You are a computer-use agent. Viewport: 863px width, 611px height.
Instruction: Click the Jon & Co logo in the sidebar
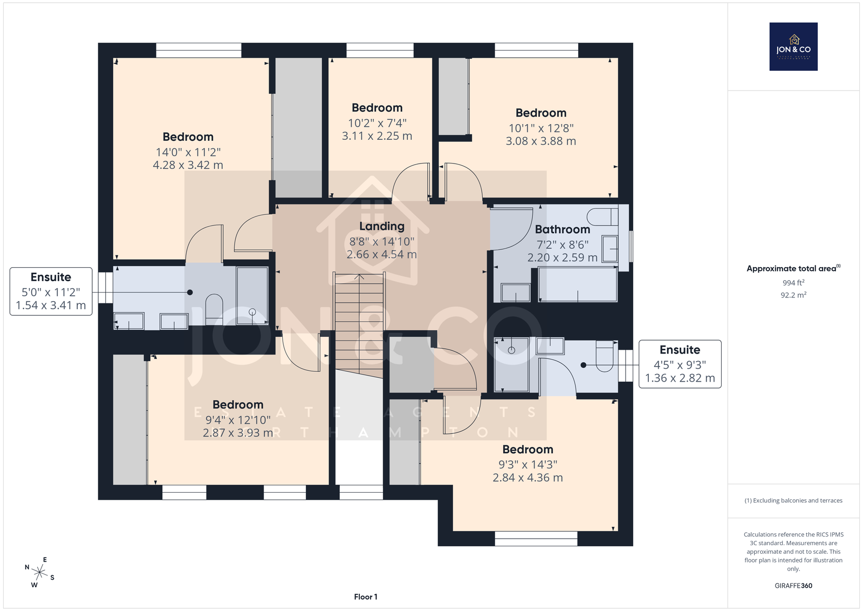(793, 46)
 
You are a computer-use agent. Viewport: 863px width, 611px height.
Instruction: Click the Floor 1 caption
(366, 597)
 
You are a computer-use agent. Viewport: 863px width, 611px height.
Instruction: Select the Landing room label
(382, 226)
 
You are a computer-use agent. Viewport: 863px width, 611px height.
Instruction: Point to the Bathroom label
(563, 229)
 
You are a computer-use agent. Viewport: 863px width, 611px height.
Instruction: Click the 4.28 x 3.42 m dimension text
(188, 165)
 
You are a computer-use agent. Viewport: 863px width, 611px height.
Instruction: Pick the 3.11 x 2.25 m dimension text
(377, 135)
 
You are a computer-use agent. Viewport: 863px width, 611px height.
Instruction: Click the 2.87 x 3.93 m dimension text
(238, 433)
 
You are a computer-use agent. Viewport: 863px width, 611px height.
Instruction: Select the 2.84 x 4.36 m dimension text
(528, 478)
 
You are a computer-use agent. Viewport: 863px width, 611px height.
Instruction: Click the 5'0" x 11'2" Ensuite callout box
(51, 291)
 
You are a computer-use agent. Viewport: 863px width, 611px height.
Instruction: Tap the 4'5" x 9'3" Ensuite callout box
(680, 364)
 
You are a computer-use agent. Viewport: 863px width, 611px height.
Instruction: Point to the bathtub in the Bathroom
(578, 284)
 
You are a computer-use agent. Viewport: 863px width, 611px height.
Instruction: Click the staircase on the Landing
(359, 322)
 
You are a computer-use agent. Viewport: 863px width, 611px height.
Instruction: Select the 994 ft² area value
(793, 283)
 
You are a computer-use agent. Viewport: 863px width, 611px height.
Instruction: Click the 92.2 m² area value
(793, 295)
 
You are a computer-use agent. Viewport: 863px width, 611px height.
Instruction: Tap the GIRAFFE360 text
(793, 586)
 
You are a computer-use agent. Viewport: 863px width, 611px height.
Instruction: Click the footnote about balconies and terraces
(793, 500)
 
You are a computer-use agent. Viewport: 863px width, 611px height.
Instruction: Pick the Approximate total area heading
(793, 268)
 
